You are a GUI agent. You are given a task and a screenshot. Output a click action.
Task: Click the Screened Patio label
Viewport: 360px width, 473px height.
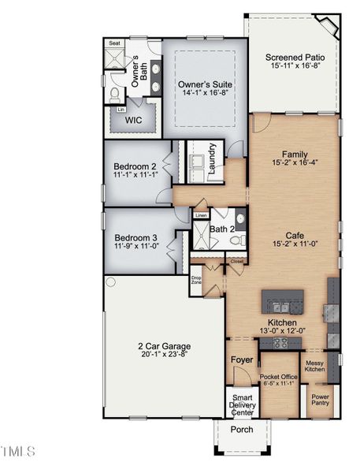point(295,57)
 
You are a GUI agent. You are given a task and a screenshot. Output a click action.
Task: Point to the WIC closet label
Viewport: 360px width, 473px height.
point(133,122)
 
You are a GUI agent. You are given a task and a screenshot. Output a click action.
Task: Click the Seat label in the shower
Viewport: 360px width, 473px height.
point(114,43)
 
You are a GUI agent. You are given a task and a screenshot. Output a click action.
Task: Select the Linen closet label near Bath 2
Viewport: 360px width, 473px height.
point(201,215)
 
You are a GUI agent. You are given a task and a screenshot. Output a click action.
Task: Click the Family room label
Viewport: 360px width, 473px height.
point(295,155)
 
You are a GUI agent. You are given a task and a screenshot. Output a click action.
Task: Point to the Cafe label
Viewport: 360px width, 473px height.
point(295,235)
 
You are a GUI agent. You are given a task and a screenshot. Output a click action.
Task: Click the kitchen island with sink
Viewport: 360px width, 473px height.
point(283,300)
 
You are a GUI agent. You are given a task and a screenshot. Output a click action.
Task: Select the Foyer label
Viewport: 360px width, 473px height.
point(241,360)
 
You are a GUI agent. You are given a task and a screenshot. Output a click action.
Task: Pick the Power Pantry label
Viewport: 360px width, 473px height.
point(320,400)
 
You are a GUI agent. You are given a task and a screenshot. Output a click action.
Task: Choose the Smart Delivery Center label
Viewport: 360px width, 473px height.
point(241,404)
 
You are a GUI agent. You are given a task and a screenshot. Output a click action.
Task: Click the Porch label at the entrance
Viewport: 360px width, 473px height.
point(241,430)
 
